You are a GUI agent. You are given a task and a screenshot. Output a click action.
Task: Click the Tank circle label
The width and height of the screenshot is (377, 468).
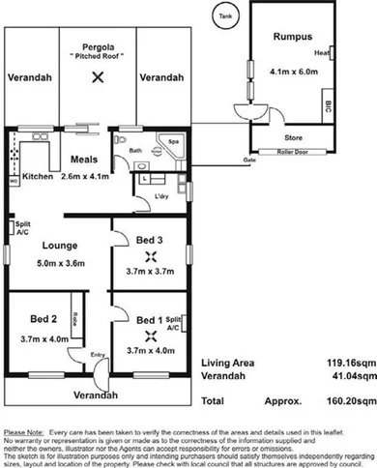tap(224, 16)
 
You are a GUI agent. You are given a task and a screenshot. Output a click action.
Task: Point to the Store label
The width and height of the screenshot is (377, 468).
tap(296, 138)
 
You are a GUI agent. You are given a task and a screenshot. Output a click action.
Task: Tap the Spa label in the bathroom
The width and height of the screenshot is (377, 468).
tap(175, 141)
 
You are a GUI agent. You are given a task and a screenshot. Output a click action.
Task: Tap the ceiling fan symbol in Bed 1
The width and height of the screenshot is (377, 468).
tap(150, 336)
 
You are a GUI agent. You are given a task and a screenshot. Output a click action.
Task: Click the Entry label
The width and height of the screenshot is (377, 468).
tap(98, 355)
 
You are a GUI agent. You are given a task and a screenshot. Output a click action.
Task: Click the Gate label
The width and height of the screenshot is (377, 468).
tap(248, 159)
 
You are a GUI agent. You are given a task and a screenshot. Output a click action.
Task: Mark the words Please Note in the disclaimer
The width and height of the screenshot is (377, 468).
tap(24, 431)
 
